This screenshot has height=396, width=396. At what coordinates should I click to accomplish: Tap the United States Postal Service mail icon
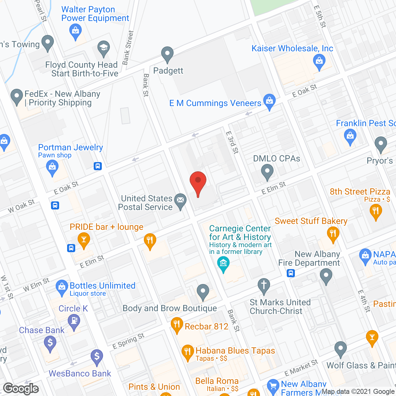pyautogui.click(x=180, y=200)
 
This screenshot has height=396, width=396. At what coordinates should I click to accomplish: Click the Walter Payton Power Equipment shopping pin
pyautogui.click(x=75, y=31)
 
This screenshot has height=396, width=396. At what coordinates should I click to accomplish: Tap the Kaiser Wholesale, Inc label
pyautogui.click(x=292, y=49)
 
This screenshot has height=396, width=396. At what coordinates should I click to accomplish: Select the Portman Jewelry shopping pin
pyautogui.click(x=52, y=167)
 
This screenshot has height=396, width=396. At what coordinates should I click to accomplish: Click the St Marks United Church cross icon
pyautogui.click(x=264, y=285)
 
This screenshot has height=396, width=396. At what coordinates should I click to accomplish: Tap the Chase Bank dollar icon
pyautogui.click(x=50, y=343)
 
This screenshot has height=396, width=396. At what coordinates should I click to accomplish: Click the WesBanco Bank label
pyautogui.click(x=80, y=373)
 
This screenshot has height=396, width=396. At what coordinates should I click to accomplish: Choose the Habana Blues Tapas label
pyautogui.click(x=235, y=351)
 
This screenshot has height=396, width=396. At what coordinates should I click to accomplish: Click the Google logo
pyautogui.click(x=21, y=388)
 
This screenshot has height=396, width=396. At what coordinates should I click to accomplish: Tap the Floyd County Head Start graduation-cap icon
pyautogui.click(x=104, y=48)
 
